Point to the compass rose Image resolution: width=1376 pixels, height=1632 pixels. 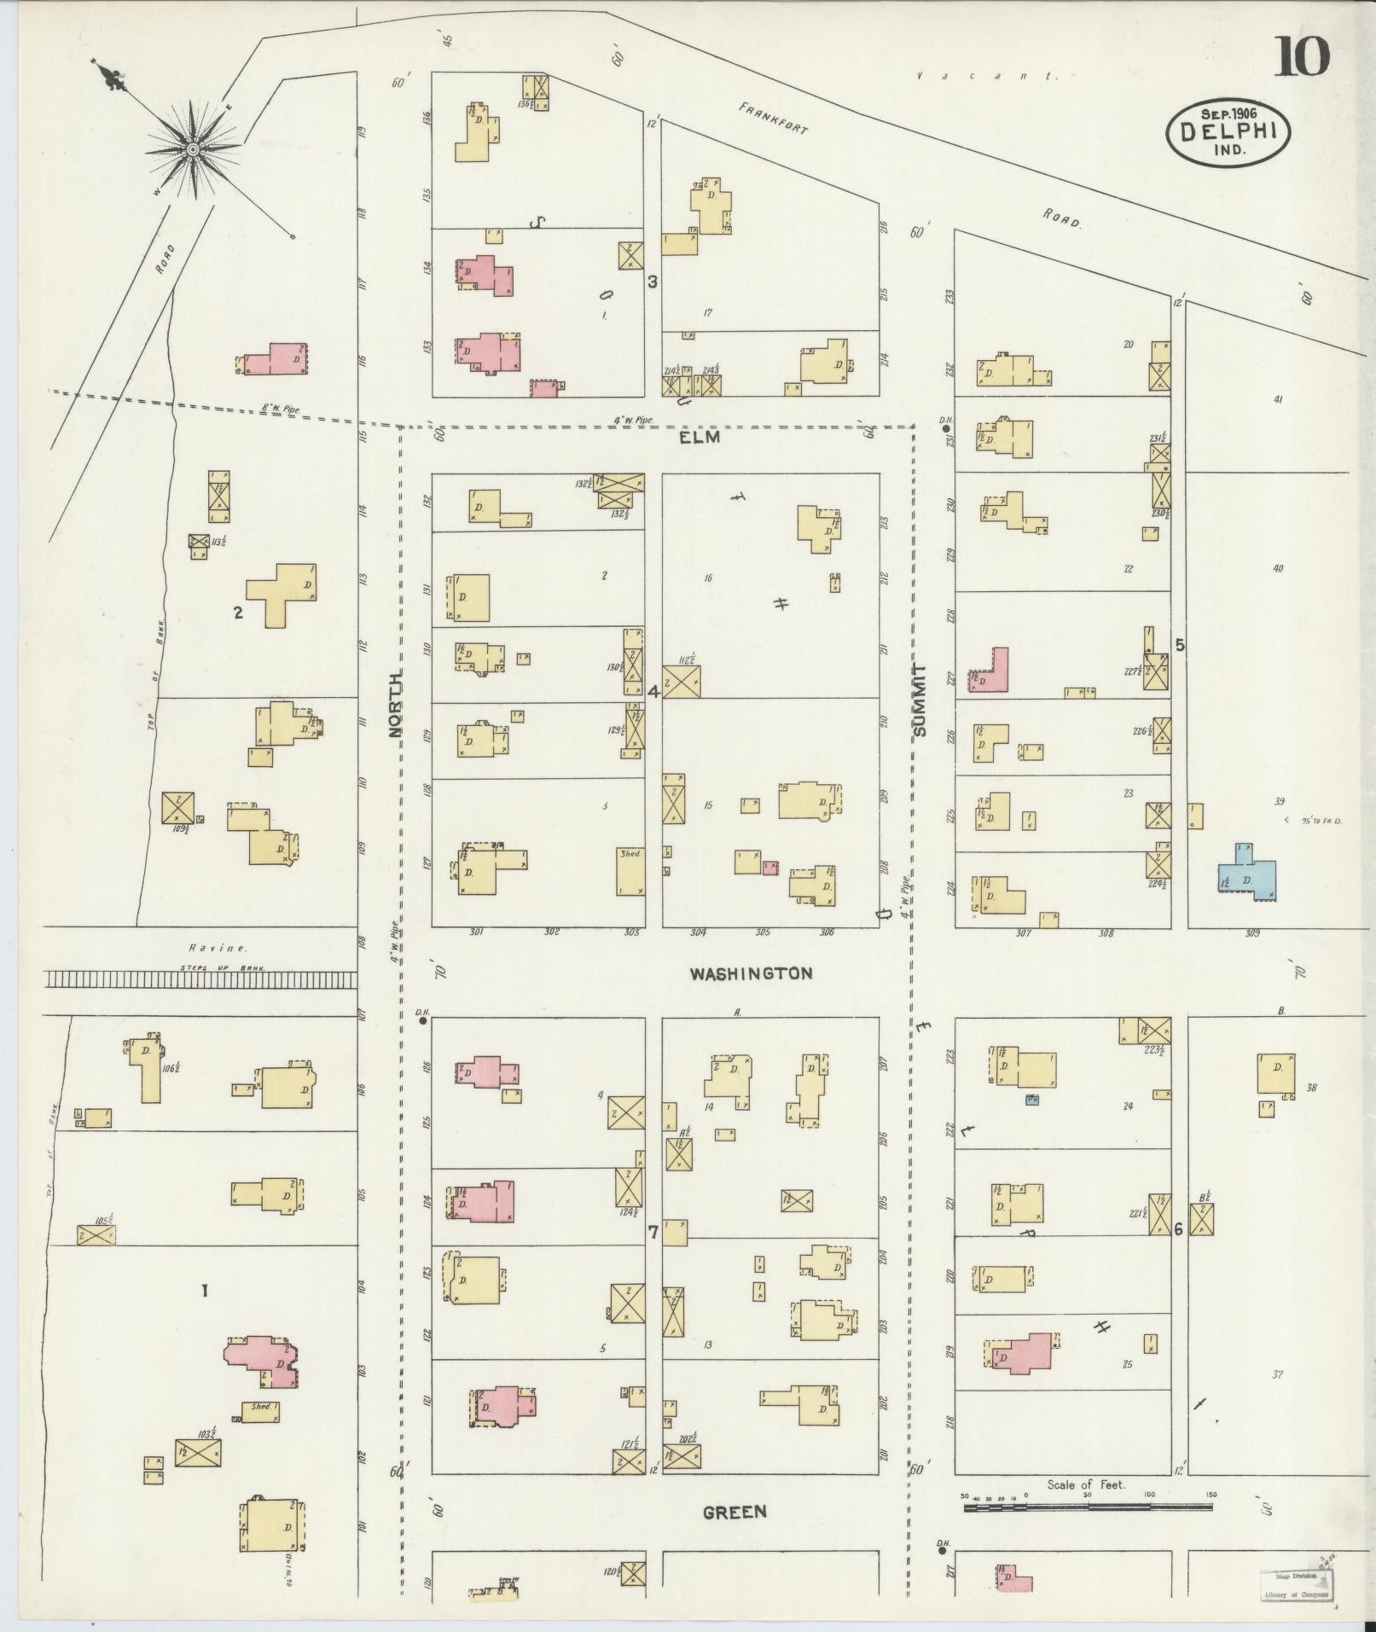click(x=194, y=149)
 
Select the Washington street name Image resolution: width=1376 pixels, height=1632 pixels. click(x=751, y=973)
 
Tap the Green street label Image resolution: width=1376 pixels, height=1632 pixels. click(x=734, y=1512)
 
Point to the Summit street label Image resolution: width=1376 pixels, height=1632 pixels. click(x=919, y=700)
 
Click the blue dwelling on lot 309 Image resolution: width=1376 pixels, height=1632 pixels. click(x=1247, y=874)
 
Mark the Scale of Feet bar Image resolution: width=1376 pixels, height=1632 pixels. click(x=1088, y=1507)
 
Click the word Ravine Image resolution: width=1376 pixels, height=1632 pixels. click(x=218, y=948)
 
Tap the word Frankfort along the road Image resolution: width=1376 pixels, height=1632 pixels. click(x=773, y=119)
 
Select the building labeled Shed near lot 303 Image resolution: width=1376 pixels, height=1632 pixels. click(x=630, y=871)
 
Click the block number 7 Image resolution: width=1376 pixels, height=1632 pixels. click(x=653, y=1232)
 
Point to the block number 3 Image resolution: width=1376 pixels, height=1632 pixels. click(x=653, y=282)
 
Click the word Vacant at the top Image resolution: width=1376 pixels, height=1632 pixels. click(x=987, y=76)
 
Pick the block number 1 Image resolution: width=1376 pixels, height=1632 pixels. click(x=204, y=1291)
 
